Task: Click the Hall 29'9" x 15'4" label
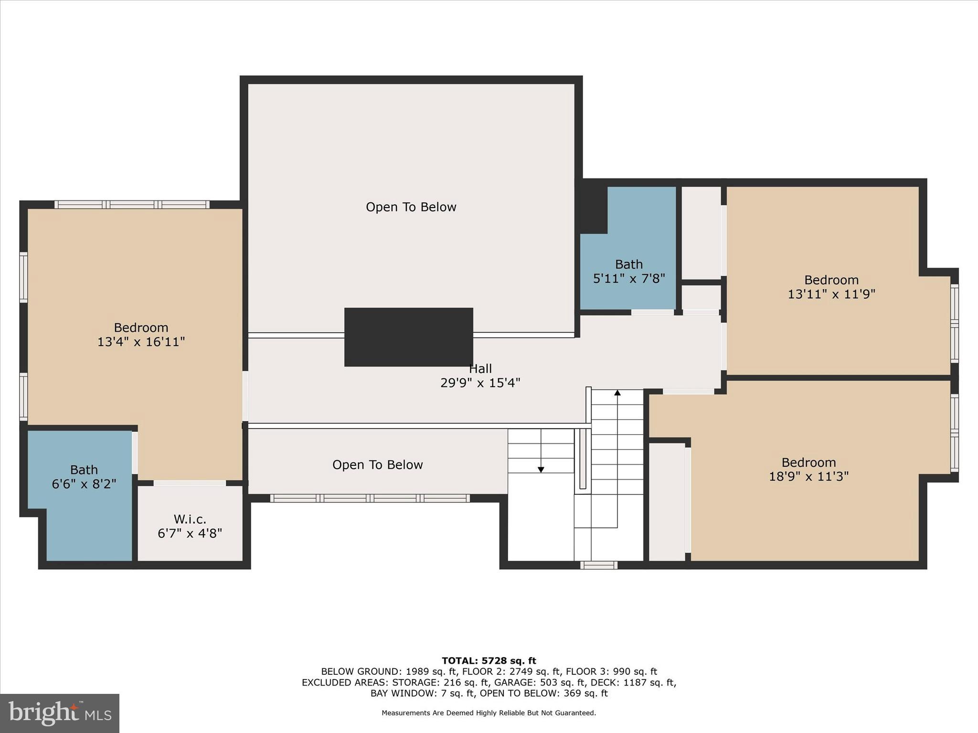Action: pyautogui.click(x=480, y=376)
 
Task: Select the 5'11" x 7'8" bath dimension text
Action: pyautogui.click(x=629, y=278)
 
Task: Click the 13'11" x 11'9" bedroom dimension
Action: pyautogui.click(x=831, y=294)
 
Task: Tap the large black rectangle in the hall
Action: pyautogui.click(x=409, y=337)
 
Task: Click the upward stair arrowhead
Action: pyautogui.click(x=617, y=393)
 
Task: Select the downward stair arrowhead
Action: pyautogui.click(x=541, y=470)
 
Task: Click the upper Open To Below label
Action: pyautogui.click(x=411, y=207)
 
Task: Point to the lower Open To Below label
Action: pyautogui.click(x=377, y=465)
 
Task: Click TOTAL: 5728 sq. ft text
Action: pyautogui.click(x=489, y=661)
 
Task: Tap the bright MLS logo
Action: pyautogui.click(x=60, y=713)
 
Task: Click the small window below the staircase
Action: pyautogui.click(x=599, y=565)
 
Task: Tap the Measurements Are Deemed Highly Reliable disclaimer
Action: pyautogui.click(x=489, y=713)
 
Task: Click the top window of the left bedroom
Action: pyautogui.click(x=132, y=205)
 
